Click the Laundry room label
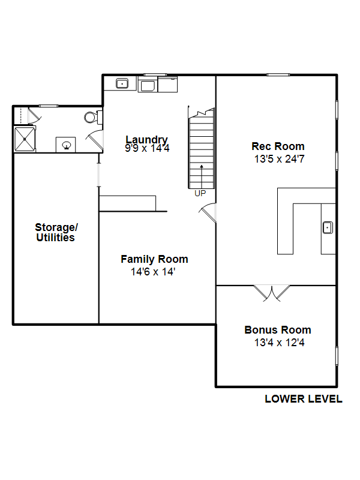(147, 139)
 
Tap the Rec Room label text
(278, 146)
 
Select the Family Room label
(154, 259)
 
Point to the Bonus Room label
(278, 329)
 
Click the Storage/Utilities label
(56, 232)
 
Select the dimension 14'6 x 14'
(154, 272)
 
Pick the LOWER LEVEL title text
(304, 399)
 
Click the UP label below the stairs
(200, 193)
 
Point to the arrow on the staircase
(202, 173)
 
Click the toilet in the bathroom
(91, 116)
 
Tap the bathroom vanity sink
(66, 144)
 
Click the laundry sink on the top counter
(122, 83)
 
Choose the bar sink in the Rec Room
(328, 227)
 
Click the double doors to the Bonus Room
(272, 292)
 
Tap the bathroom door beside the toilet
(94, 140)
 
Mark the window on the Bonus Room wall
(336, 355)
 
